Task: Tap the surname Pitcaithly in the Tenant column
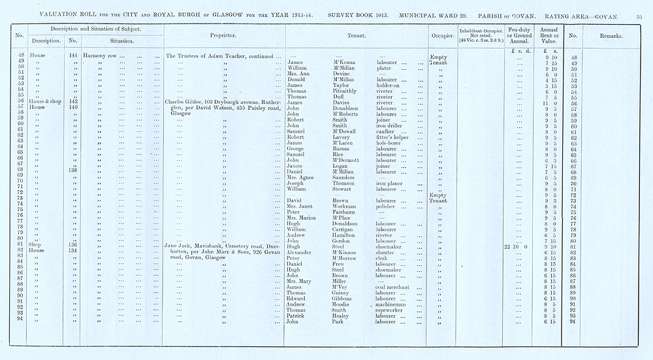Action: (347, 91)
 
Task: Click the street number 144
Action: (73, 56)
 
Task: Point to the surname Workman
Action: (346, 206)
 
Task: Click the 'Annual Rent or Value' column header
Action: (545, 35)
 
